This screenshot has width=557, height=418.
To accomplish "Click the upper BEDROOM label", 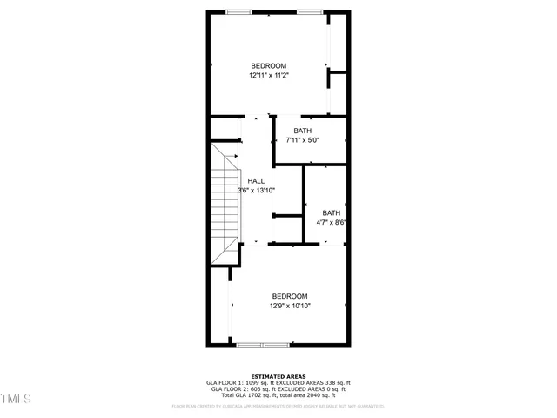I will [268, 66].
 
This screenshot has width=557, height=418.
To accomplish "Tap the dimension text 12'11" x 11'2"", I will [268, 76].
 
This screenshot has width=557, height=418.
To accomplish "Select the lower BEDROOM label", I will [289, 296].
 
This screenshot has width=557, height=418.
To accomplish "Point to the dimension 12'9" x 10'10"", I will [289, 306].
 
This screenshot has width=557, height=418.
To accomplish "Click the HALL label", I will [256, 181].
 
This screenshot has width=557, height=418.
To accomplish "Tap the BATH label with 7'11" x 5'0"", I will [302, 131].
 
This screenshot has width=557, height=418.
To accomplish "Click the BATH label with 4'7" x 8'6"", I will [332, 213].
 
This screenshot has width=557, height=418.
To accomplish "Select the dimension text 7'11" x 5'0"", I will [302, 140].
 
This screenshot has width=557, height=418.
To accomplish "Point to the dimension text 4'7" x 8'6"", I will [332, 223].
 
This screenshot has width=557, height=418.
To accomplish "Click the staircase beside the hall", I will [224, 205].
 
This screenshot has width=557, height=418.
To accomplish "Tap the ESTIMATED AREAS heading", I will [278, 376].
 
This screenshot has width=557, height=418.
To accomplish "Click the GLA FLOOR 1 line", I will [278, 383].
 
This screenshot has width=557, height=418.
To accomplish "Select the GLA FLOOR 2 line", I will [278, 389].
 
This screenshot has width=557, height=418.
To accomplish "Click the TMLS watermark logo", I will [16, 399].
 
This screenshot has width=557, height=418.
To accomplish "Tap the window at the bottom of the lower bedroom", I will [262, 346].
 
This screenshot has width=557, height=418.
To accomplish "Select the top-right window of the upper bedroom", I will [309, 11].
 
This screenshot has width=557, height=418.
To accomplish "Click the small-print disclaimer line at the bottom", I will [278, 406].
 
